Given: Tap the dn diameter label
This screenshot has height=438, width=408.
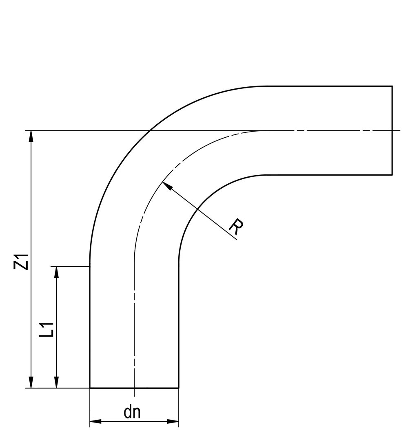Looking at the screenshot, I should pyautogui.click(x=132, y=412).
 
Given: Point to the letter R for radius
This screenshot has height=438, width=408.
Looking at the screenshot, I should pyautogui.click(x=236, y=227).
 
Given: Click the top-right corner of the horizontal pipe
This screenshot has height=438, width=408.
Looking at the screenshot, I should pyautogui.click(x=392, y=86).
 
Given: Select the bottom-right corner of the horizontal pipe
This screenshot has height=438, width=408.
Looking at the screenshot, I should pyautogui.click(x=392, y=175).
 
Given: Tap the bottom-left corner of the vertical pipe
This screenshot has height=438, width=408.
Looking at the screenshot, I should pyautogui.click(x=90, y=388).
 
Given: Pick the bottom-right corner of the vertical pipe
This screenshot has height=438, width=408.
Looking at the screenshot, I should pyautogui.click(x=179, y=388).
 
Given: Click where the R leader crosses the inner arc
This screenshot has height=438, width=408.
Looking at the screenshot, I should pyautogui.click(x=197, y=209).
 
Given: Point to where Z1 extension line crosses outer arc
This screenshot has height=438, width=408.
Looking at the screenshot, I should pyautogui.click(x=150, y=130).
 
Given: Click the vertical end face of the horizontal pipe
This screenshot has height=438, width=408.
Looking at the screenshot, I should pyautogui.click(x=392, y=130).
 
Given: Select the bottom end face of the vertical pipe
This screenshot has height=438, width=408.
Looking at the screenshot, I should pyautogui.click(x=134, y=388).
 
